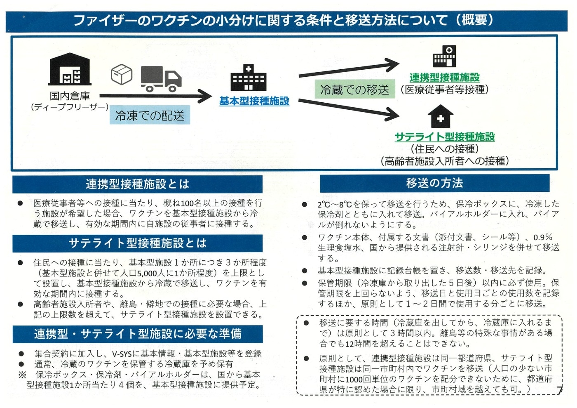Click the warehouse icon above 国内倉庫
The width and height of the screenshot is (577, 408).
[x=70, y=69]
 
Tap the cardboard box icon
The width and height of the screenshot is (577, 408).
[x=122, y=74]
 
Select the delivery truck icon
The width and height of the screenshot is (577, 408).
[x=161, y=79]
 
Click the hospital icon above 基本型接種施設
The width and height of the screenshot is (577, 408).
[x=248, y=78]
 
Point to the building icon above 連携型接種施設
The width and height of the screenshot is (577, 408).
[x=444, y=56]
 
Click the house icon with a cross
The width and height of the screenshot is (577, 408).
[x=441, y=116]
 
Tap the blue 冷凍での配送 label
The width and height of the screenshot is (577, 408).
[x=150, y=115]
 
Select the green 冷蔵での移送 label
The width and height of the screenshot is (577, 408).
[x=355, y=89]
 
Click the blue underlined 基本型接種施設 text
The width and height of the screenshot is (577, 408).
[x=254, y=101]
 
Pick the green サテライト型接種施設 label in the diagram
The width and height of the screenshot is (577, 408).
[x=445, y=137]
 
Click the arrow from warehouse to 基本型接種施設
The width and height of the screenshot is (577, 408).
[x=156, y=96]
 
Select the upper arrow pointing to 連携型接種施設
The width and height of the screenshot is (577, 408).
[x=349, y=68]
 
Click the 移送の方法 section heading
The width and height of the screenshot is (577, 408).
[x=434, y=183]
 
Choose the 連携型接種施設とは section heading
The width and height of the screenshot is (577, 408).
[x=138, y=184]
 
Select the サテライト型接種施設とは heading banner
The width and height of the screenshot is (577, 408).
[x=138, y=243]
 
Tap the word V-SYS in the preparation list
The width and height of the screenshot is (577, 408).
[x=122, y=354]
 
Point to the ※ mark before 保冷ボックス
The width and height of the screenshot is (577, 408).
[x=22, y=375]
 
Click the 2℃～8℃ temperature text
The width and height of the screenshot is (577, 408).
[x=335, y=205]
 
